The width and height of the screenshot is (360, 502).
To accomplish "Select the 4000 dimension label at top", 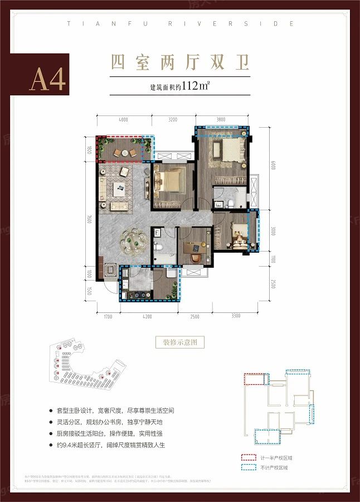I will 123,119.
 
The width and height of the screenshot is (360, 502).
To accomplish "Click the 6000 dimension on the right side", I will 273,166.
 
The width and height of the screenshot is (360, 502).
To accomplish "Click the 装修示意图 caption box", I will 180,342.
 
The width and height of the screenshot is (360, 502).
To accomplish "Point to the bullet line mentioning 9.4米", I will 120,445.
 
